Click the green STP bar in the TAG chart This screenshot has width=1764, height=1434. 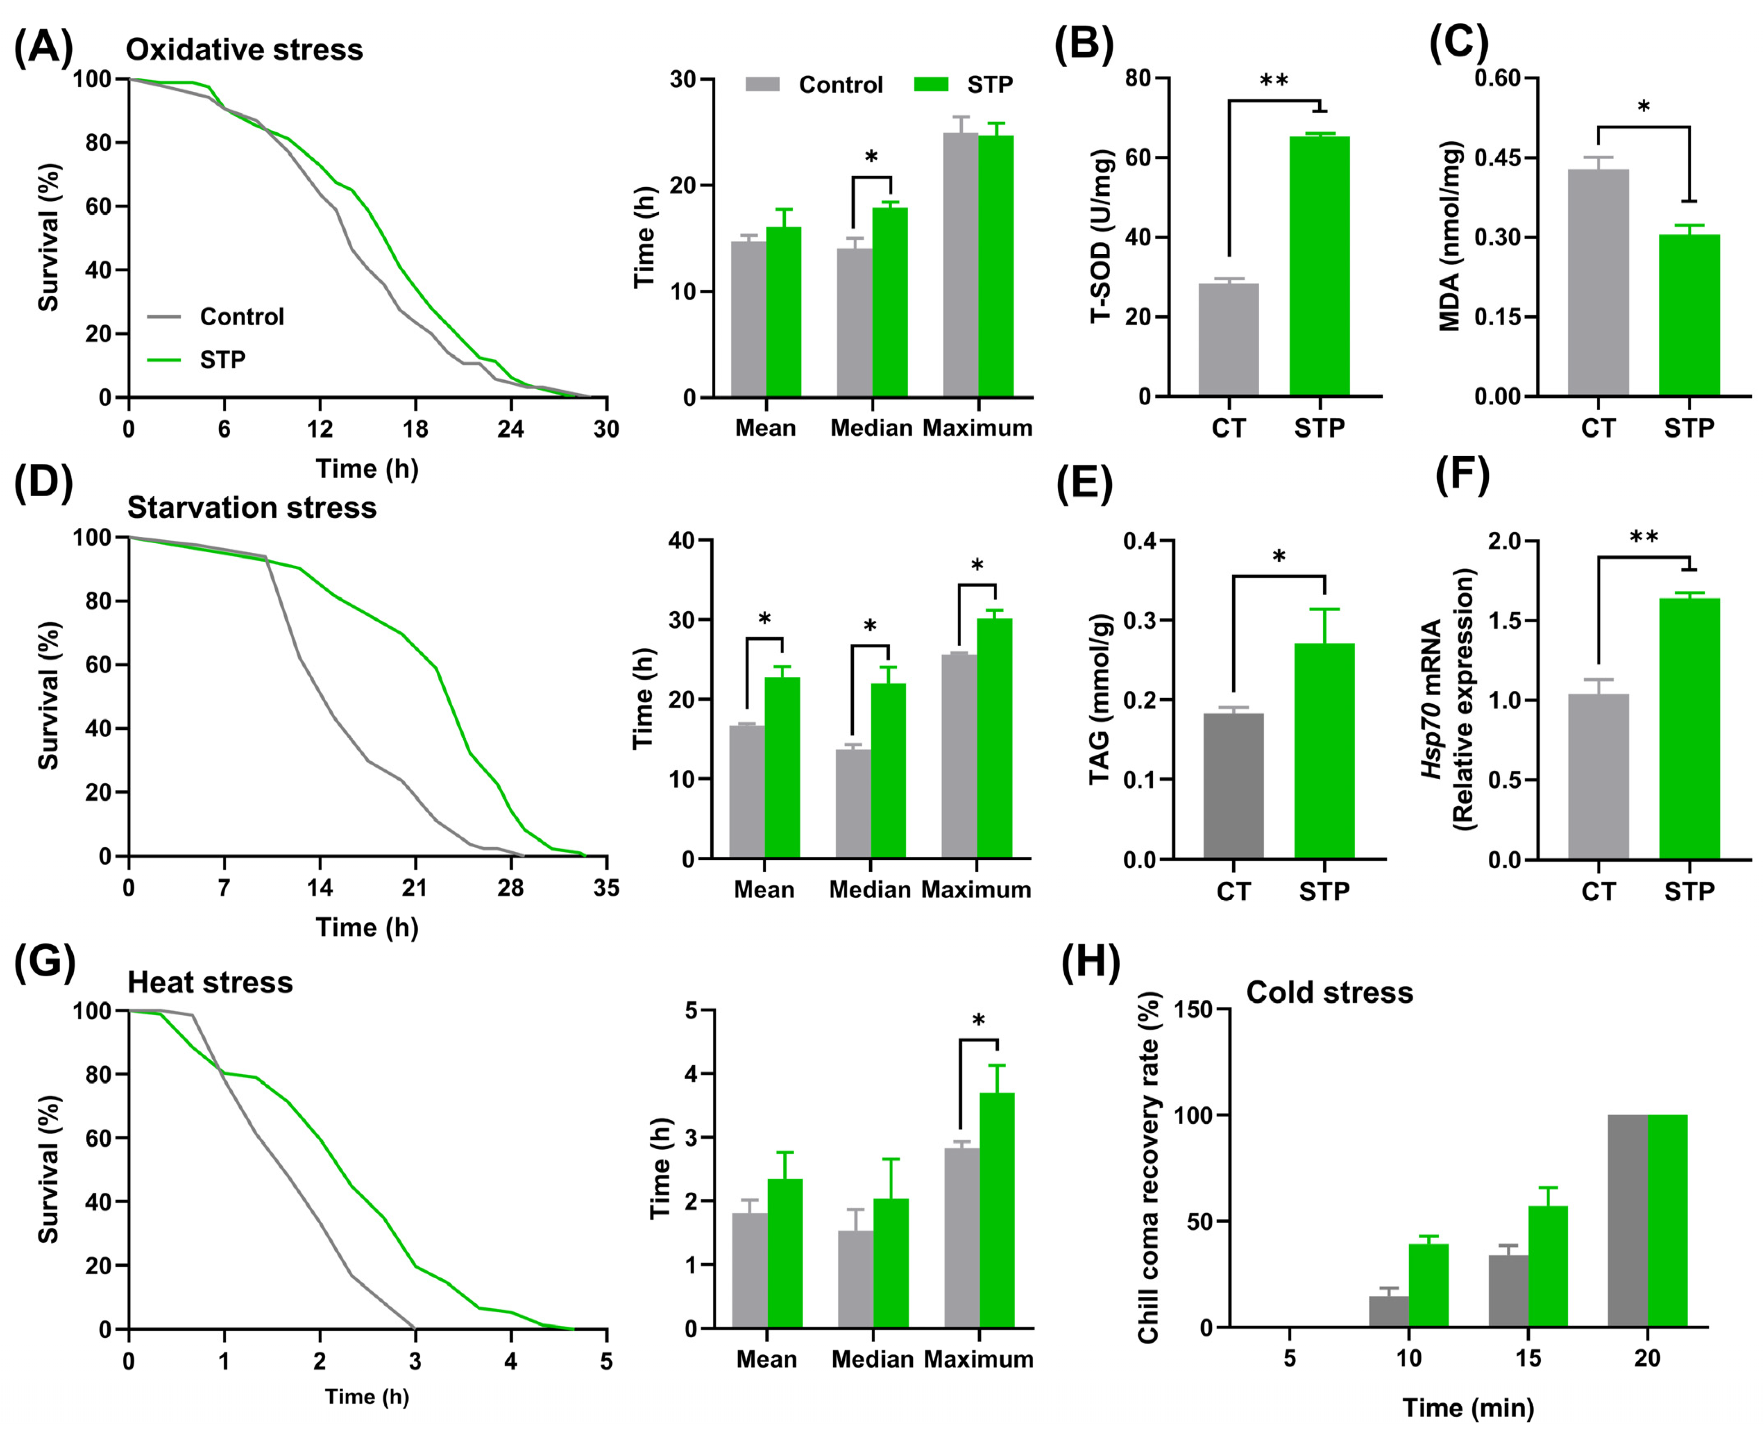pos(1324,750)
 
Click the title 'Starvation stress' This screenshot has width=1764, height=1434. pos(252,507)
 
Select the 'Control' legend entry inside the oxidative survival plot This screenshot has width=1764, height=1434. pos(241,316)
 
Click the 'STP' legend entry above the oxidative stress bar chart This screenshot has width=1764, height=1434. pos(989,84)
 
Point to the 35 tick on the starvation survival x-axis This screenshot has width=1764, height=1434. pos(606,888)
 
